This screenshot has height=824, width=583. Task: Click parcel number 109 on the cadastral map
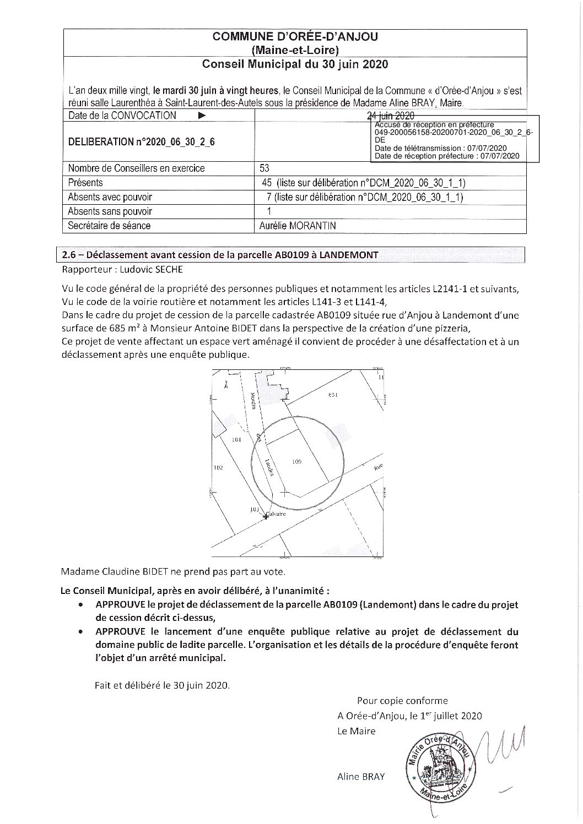(x=296, y=462)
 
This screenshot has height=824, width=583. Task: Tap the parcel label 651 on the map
(x=332, y=395)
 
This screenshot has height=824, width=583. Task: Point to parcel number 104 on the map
(x=237, y=440)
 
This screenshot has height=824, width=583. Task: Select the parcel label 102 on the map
(x=218, y=468)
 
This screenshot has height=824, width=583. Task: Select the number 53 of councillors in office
(x=264, y=168)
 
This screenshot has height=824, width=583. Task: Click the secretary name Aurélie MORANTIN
(x=297, y=226)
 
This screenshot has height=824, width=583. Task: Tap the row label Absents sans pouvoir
(x=110, y=211)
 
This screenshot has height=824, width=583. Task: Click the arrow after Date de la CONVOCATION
(x=202, y=116)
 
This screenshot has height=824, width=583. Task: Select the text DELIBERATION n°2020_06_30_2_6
(x=141, y=142)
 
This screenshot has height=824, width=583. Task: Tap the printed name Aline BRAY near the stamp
(x=361, y=777)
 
